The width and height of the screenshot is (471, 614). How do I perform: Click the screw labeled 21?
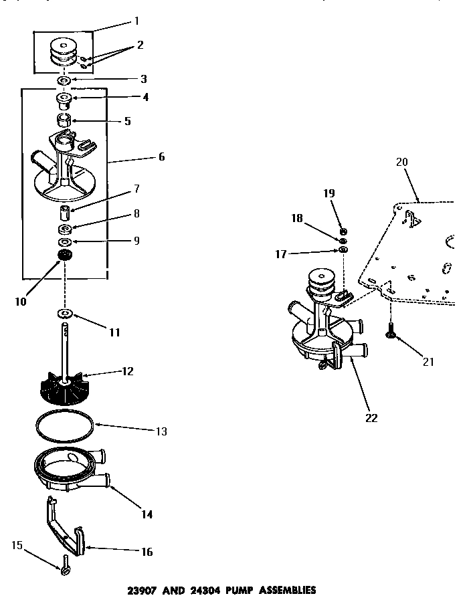389,330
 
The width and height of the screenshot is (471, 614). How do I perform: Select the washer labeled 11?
65,313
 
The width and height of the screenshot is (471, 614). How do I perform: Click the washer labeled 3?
65,81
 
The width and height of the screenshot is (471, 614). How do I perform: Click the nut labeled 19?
343,231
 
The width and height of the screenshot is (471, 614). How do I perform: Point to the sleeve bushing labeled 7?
65,214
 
